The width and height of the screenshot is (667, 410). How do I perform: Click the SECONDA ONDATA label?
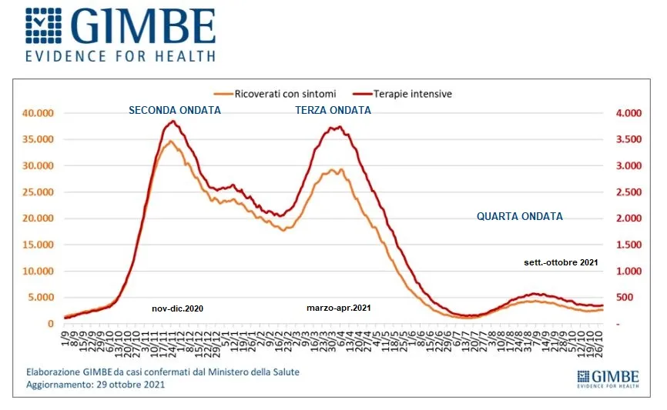(175, 110)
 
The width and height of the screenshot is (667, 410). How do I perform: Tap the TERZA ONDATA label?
(333, 110)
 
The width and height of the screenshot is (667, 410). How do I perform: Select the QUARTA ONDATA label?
(520, 216)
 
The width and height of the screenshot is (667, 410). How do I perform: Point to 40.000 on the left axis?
(37, 113)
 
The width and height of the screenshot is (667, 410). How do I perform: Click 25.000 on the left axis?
(37, 192)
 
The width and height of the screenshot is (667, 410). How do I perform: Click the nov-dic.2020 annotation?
(177, 308)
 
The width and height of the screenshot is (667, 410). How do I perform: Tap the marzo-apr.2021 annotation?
(338, 308)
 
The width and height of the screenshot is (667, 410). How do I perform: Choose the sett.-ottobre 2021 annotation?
(560, 263)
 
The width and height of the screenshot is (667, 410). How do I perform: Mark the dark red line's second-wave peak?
(173, 122)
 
